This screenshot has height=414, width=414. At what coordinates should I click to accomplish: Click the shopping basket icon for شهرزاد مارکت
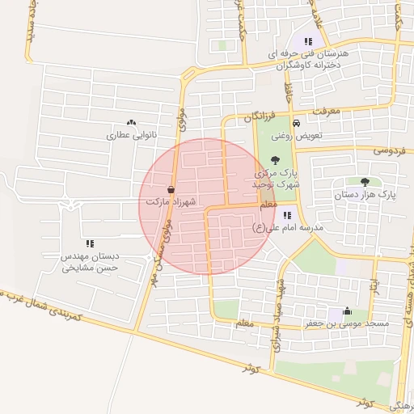pyautogui.click(x=171, y=187)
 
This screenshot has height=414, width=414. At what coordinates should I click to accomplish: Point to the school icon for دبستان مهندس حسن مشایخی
pyautogui.click(x=90, y=243)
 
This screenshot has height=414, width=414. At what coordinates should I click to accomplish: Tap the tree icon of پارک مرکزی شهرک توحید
pyautogui.click(x=276, y=160)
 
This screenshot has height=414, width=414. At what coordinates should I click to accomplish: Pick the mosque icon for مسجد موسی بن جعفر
pyautogui.click(x=347, y=310)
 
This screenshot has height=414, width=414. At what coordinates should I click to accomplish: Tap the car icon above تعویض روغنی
pyautogui.click(x=297, y=124)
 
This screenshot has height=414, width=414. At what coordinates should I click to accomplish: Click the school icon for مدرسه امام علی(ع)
pyautogui.click(x=286, y=214)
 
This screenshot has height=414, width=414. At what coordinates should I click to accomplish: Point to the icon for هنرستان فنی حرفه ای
pyautogui.click(x=308, y=41)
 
